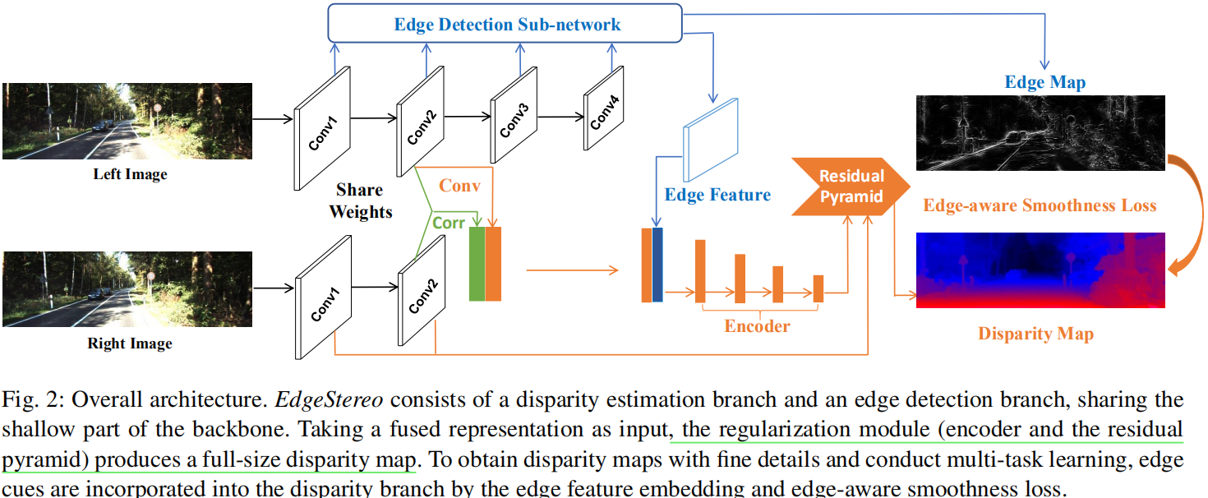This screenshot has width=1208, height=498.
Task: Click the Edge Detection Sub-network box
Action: tap(506, 24)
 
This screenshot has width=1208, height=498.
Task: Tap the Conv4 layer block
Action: tap(604, 115)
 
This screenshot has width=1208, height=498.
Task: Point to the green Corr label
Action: tap(449, 223)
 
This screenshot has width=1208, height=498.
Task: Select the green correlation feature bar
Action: tap(477, 265)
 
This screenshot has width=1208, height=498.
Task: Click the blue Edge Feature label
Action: tap(717, 195)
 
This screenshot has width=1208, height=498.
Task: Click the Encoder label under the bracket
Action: tap(757, 326)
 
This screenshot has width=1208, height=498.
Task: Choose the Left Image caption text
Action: tap(130, 174)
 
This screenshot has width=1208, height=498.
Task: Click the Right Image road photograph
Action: tap(127, 288)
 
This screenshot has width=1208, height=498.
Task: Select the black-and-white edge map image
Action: tap(1040, 132)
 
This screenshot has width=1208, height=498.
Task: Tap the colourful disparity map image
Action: tap(1040, 270)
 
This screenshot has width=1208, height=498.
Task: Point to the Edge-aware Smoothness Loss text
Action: tap(1040, 205)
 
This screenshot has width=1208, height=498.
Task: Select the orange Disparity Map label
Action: tap(1035, 334)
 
